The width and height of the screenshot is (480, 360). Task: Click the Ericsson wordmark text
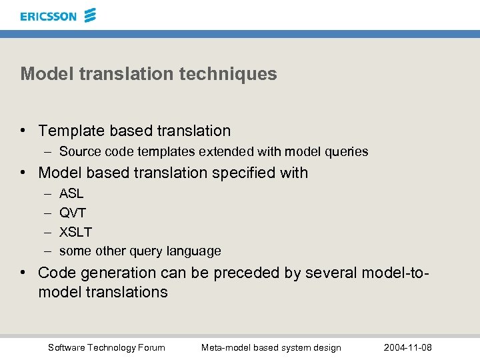pos(48,16)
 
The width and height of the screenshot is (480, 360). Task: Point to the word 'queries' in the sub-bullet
pos(347,152)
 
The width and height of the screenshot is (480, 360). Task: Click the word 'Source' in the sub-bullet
pos(79,152)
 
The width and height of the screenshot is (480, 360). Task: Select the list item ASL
pos(71,194)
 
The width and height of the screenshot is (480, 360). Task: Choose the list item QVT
pos(73,213)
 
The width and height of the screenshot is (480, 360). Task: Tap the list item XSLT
pos(75,232)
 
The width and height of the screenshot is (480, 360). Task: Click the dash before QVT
pos(48,213)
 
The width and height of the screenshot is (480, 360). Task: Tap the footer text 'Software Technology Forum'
pos(107,347)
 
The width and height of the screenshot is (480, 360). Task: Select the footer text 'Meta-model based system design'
pos(271,347)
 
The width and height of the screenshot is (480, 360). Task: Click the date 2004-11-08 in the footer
pos(408,347)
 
